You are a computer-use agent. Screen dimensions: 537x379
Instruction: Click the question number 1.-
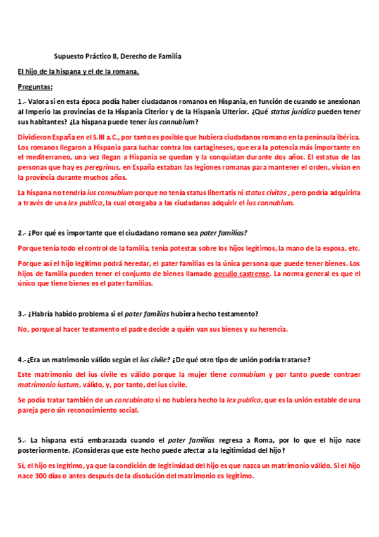(22, 101)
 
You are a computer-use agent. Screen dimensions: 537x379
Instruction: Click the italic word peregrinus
(104, 167)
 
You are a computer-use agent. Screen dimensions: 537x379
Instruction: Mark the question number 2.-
(22, 232)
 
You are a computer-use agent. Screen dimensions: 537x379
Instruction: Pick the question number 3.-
(22, 314)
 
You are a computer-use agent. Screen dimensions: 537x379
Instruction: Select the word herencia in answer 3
(270, 329)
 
